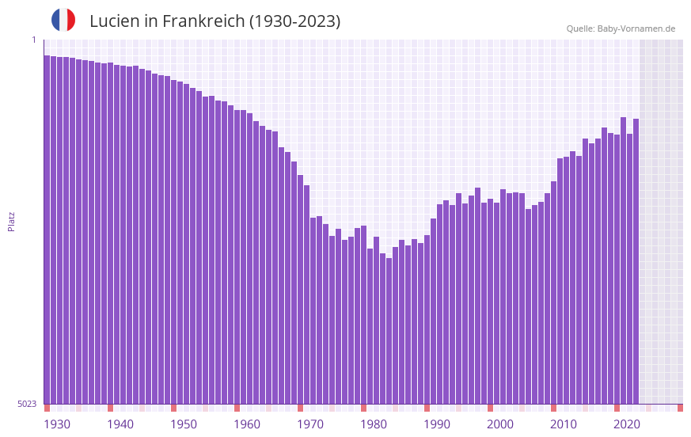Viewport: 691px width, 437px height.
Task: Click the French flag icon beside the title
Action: [x=63, y=21]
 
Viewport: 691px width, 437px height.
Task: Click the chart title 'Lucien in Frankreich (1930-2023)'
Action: [x=215, y=21]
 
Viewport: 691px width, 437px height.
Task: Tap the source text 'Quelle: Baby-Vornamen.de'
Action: [x=621, y=28]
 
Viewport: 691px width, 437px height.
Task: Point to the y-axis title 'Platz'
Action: [x=11, y=221]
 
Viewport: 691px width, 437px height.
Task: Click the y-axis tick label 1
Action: [x=33, y=40]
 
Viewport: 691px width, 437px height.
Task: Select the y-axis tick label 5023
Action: [x=27, y=404]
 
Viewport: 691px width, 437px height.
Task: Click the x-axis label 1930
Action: [x=57, y=424]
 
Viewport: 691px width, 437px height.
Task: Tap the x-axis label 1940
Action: [x=120, y=424]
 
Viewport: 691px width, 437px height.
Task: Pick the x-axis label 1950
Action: [x=184, y=424]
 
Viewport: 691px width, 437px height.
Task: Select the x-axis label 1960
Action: [x=247, y=424]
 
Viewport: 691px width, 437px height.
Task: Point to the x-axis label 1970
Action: [x=310, y=424]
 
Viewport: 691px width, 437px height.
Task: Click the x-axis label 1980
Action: [x=374, y=424]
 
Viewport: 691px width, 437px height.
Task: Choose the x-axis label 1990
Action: [x=437, y=424]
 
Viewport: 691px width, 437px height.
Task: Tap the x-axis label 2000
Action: [x=500, y=424]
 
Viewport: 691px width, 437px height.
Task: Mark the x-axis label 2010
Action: [x=564, y=424]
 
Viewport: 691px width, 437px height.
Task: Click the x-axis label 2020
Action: [x=627, y=424]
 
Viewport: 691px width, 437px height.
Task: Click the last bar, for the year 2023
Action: [x=636, y=261]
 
